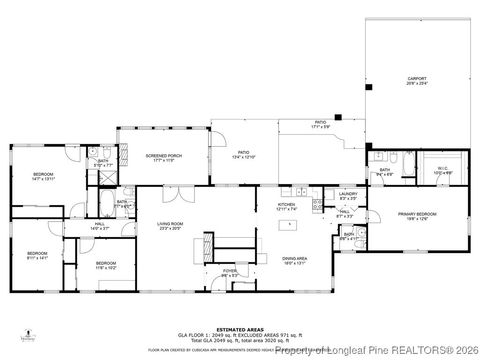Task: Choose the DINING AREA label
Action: [294, 257]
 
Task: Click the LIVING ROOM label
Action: [170, 224]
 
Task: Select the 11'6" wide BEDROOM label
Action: [107, 266]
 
